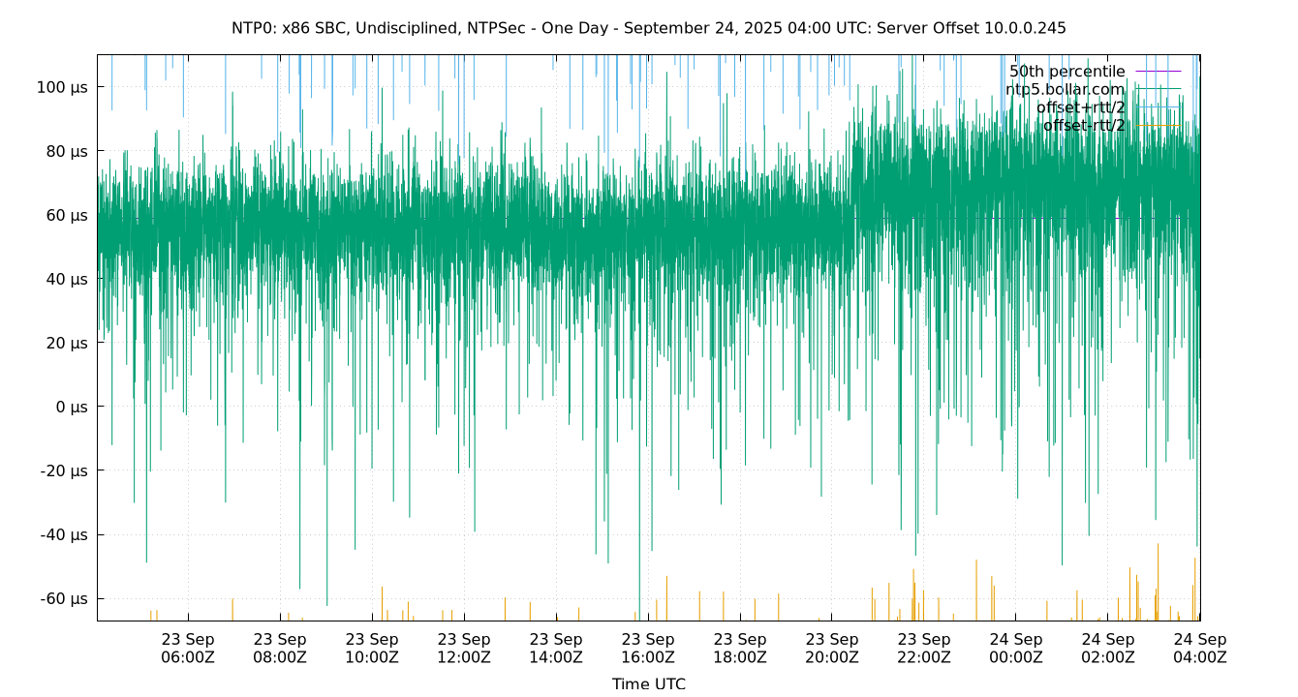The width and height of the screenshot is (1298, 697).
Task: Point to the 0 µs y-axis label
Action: pos(72,407)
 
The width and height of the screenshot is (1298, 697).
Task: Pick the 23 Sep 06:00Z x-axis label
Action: pos(188,648)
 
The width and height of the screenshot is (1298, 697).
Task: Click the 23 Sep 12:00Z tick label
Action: pos(464,648)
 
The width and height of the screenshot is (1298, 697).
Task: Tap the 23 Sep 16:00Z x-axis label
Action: pos(648,648)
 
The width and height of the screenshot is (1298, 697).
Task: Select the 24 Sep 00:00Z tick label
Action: pos(1016,648)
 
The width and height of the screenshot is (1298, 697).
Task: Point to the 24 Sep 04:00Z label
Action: pos(1200,648)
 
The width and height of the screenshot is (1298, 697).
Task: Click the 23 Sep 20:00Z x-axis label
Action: pos(832,648)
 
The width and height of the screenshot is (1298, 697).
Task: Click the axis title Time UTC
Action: pos(648,683)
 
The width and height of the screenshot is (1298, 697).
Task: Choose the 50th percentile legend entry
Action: pos(1066,72)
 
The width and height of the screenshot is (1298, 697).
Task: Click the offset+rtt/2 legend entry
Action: pos(1080,107)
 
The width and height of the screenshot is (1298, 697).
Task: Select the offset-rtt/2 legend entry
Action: pos(1083,125)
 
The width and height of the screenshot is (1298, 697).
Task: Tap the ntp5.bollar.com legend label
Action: pos(1065,89)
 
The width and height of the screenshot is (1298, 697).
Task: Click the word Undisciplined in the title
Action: pos(400,28)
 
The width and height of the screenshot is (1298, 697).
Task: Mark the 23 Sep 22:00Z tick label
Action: pos(924,648)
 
